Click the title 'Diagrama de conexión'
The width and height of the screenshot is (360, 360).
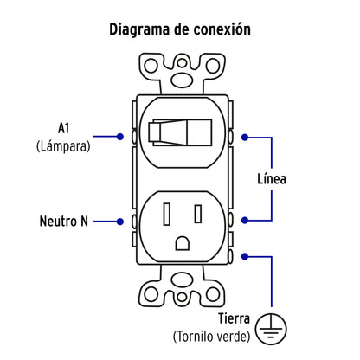coord(179,29)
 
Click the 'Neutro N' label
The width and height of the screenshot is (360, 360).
coord(64,221)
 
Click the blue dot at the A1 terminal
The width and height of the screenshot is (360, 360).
coord(119,136)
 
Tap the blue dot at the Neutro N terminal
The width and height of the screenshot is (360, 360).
coord(119,221)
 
